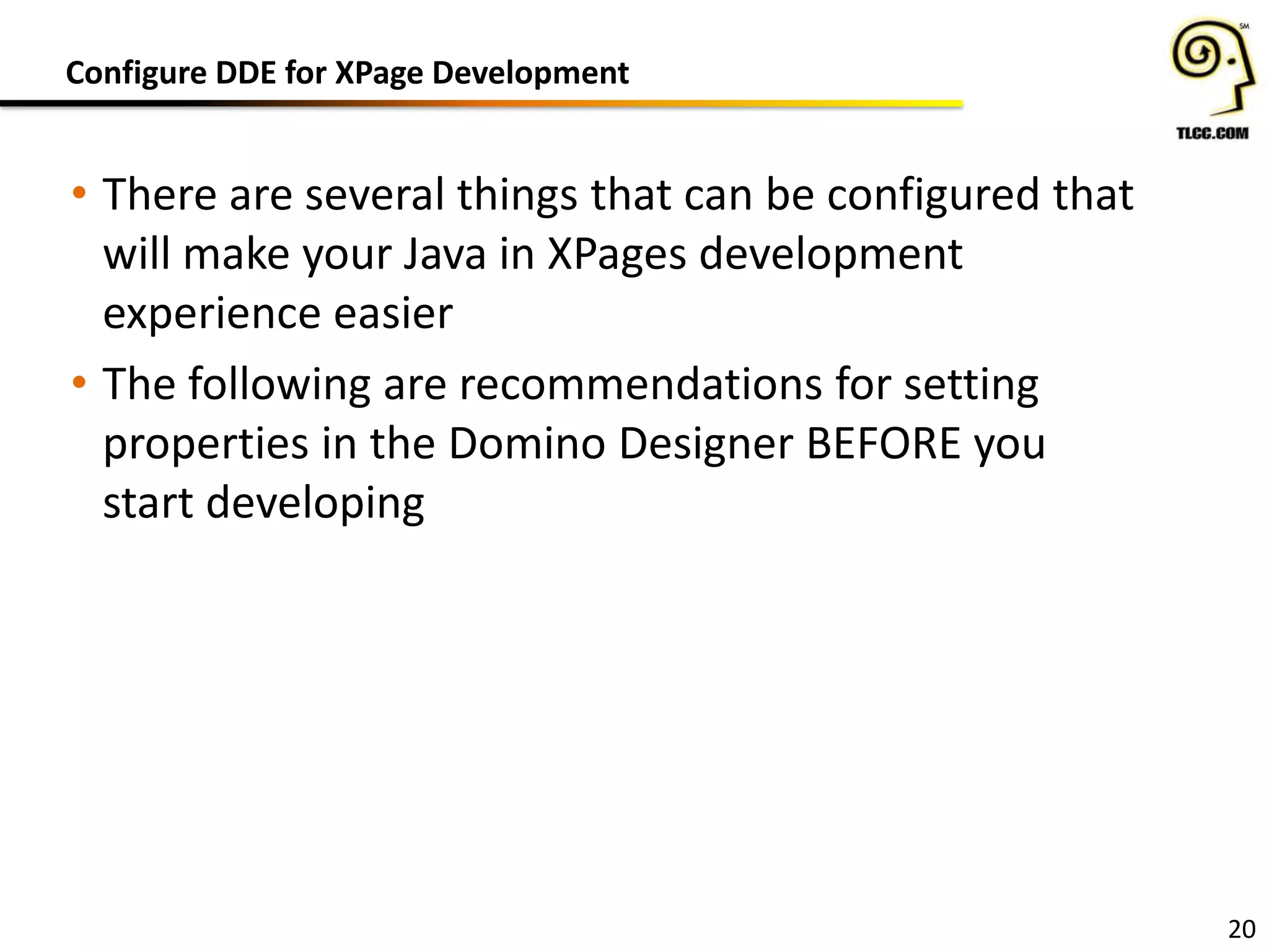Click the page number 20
1241,929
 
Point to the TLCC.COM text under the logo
1212,133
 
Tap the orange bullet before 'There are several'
79,193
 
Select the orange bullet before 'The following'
79,382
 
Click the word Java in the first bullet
444,254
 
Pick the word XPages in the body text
617,255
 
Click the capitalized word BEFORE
884,444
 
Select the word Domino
527,444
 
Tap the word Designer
706,445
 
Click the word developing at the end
315,503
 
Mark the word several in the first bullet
375,195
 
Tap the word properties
206,445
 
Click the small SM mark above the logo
1244,26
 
